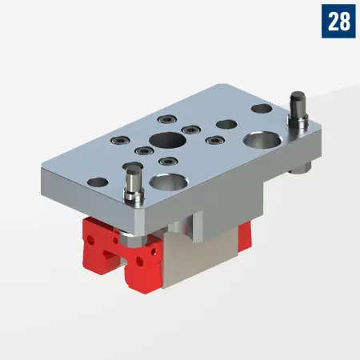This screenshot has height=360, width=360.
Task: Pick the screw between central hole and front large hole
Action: point(166,162)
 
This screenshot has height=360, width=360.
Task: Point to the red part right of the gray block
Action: point(243,234)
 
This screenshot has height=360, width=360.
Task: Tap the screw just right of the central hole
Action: point(190,130)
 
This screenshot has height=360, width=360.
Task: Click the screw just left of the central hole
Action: point(142,150)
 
